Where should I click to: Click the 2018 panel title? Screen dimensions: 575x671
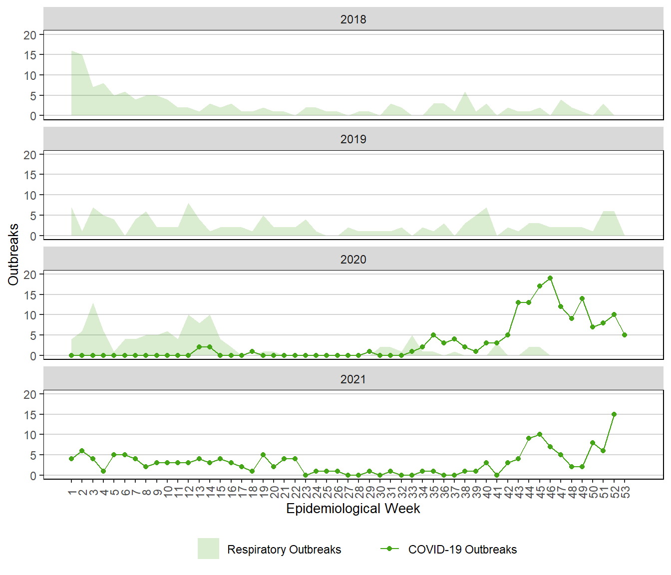coord(353,19)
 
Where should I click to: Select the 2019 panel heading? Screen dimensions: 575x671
coord(353,139)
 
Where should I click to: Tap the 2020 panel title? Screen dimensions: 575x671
coord(353,260)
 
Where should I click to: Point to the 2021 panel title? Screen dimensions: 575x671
coord(353,379)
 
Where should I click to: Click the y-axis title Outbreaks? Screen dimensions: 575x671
coord(13,255)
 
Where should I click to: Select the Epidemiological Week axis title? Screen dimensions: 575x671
coord(353,509)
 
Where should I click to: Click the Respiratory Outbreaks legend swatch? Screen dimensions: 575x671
coord(208,549)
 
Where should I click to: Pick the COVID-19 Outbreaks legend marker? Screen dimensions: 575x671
coord(389,549)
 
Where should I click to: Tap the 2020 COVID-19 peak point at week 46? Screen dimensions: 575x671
coord(550,278)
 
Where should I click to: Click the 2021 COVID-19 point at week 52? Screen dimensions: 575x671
coord(614,414)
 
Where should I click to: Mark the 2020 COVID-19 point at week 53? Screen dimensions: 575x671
coord(625,335)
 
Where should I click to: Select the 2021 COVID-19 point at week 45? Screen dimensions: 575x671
coord(540,434)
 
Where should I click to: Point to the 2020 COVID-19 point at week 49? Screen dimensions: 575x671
coord(582,298)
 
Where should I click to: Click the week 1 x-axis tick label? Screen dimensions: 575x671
coord(72,493)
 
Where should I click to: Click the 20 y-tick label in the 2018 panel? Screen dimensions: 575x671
coord(30,35)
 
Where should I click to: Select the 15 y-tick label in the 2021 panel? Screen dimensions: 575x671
coord(30,415)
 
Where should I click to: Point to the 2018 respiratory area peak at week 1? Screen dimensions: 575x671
coord(72,51)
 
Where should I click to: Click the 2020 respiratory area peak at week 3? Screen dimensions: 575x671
coord(93,303)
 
